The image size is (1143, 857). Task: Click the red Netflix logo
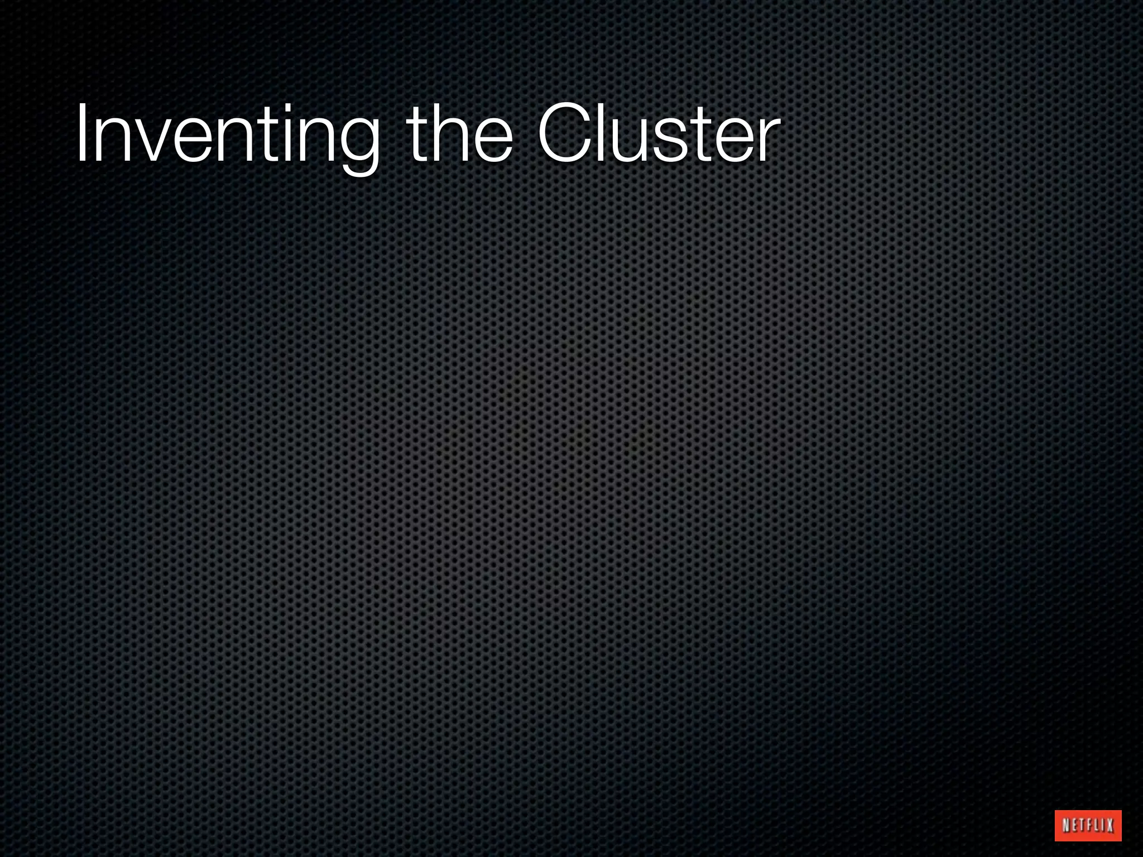click(x=1088, y=825)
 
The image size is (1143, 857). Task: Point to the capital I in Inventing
click(x=81, y=134)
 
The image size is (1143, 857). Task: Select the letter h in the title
click(x=453, y=134)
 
